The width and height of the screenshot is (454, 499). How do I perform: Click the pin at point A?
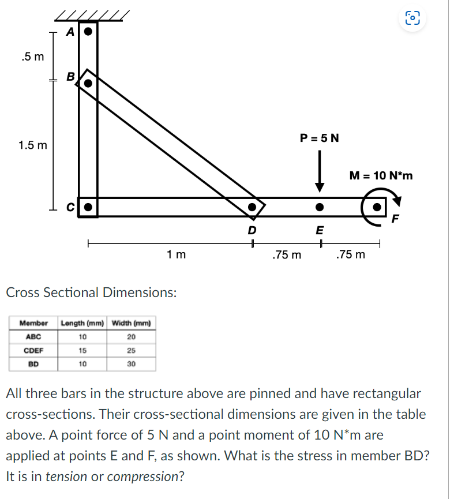[x=88, y=32]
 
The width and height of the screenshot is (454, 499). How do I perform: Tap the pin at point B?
[x=88, y=84]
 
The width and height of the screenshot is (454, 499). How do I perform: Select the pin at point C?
[x=88, y=206]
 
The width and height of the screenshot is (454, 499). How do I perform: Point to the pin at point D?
[x=252, y=207]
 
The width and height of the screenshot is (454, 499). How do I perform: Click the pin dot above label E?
[x=318, y=207]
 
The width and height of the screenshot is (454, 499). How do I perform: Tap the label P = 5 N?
[x=320, y=138]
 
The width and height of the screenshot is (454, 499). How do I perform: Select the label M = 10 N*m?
[x=381, y=175]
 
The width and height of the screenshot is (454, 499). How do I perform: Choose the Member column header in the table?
[x=33, y=323]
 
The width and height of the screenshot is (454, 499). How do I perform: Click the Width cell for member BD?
[x=132, y=364]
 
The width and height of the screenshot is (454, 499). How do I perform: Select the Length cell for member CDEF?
[x=82, y=350]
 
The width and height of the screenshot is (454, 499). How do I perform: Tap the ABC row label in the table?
[x=33, y=337]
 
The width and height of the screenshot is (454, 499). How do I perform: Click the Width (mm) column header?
[x=132, y=323]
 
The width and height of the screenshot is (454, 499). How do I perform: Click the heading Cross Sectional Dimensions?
[x=91, y=292]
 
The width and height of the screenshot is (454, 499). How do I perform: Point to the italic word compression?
[x=142, y=477]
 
